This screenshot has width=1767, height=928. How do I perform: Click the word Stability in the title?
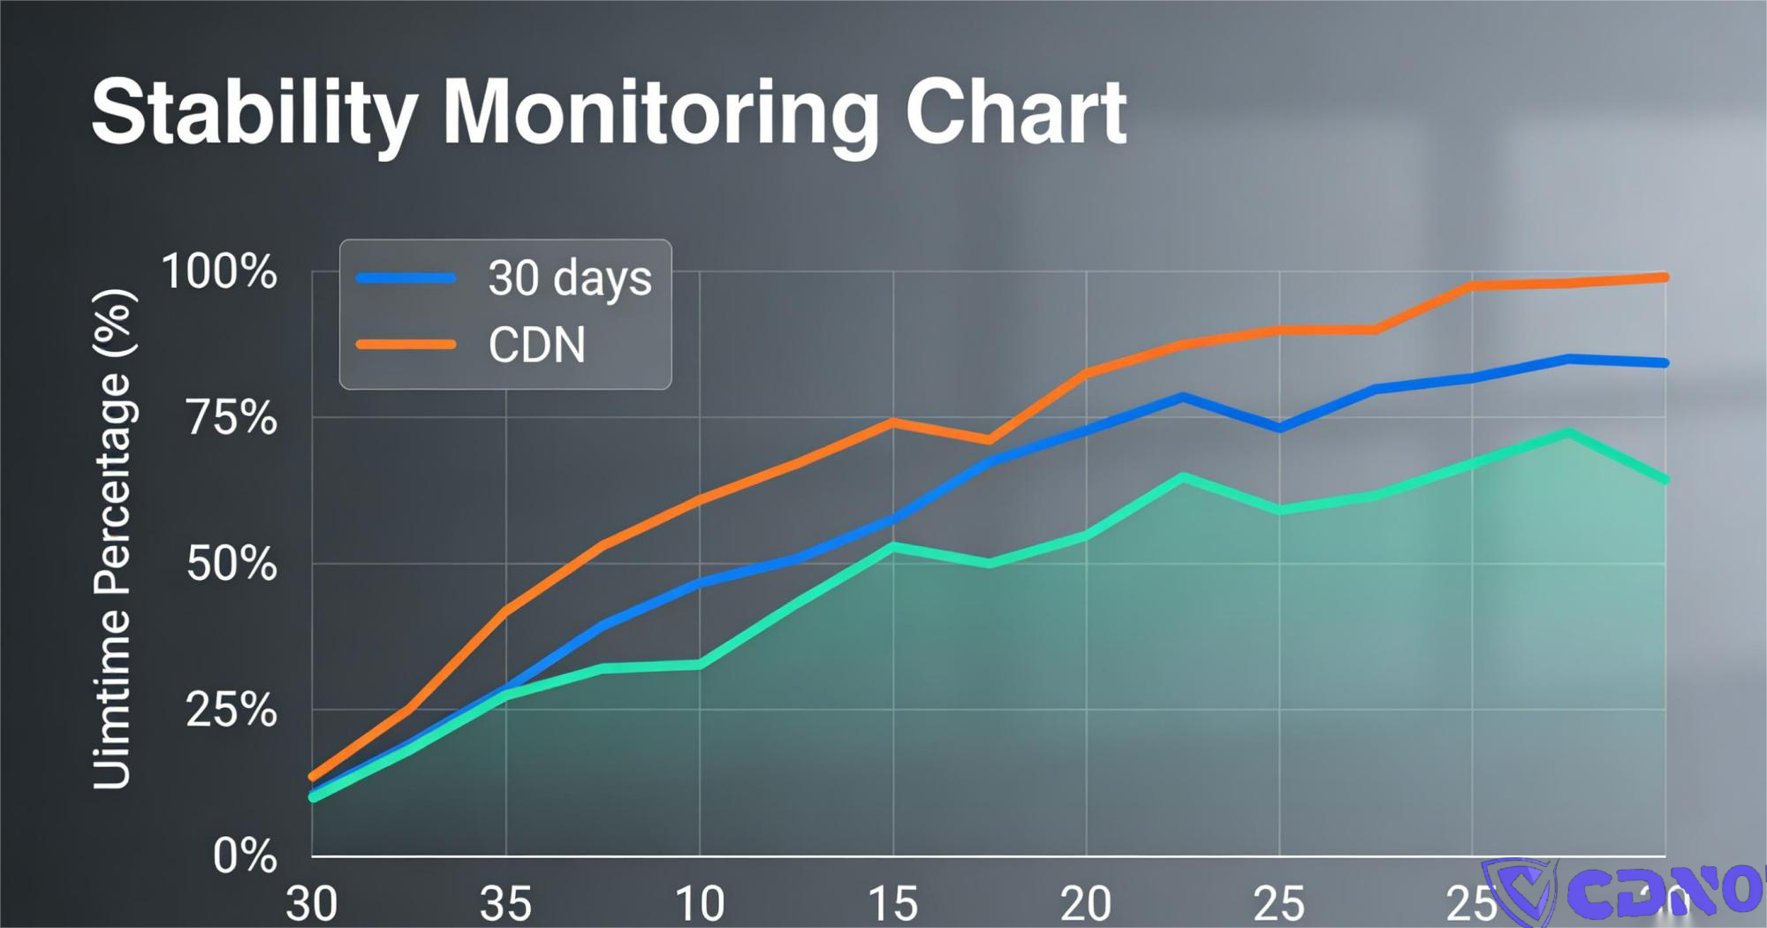[254, 113]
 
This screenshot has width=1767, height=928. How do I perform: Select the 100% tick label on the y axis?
[219, 271]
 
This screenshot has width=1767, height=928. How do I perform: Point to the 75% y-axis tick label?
[231, 417]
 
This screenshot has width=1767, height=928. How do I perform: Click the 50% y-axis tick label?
[231, 564]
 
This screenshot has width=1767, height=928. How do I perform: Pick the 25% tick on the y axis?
[231, 710]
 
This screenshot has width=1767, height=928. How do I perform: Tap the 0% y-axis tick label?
[245, 856]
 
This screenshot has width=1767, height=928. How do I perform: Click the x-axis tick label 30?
[312, 904]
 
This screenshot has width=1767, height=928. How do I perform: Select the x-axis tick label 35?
[505, 904]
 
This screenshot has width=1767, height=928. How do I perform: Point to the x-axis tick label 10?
[699, 904]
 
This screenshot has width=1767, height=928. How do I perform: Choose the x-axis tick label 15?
[892, 904]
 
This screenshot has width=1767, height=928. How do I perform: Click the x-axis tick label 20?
[1086, 904]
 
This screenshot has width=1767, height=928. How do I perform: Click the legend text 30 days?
[570, 278]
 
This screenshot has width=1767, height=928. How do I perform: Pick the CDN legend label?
[536, 345]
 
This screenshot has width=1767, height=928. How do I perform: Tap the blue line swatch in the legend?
[406, 278]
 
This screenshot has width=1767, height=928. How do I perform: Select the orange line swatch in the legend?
[406, 345]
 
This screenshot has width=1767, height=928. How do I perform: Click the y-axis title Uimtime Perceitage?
[114, 539]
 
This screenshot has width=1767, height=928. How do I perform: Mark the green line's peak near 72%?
[1568, 433]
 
